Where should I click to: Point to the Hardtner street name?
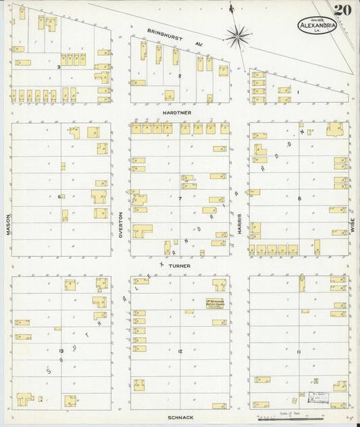tap(180, 112)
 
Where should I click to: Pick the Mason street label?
tap(8, 224)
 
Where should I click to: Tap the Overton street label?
tap(120, 224)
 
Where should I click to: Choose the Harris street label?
tap(240, 224)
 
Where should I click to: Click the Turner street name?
tap(180, 266)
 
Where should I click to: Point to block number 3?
tap(59, 67)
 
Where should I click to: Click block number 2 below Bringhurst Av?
tap(180, 76)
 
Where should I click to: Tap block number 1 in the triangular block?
tap(297, 91)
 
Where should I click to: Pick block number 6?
tap(59, 197)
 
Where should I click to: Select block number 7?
tap(180, 199)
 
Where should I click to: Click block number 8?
tap(299, 198)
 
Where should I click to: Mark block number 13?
tap(61, 351)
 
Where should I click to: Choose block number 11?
tap(298, 352)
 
